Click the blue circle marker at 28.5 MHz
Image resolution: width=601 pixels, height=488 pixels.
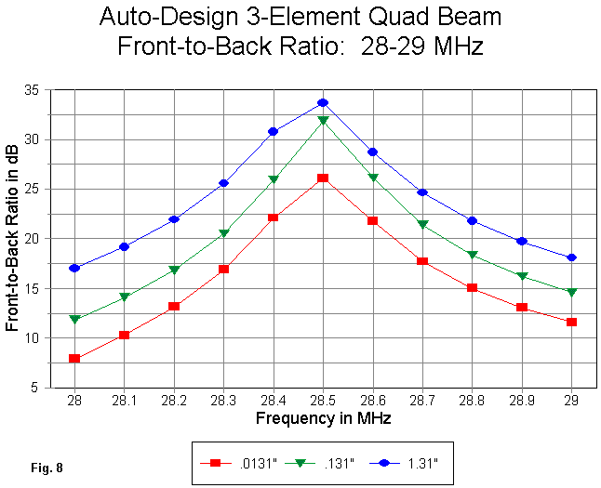[x=323, y=102]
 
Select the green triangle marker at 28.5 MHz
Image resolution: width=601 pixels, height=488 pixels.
[x=323, y=121]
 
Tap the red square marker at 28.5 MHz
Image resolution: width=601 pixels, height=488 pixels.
[x=323, y=178]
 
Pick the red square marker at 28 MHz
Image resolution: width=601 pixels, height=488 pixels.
[x=74, y=358]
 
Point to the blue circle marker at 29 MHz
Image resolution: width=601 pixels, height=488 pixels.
[x=571, y=257]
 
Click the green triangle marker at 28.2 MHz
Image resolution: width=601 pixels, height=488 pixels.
[x=174, y=270]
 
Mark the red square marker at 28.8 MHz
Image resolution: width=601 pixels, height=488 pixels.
[x=472, y=288]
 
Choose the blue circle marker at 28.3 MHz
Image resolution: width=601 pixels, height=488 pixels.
[x=223, y=183]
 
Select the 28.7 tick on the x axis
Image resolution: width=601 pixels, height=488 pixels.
[x=422, y=400]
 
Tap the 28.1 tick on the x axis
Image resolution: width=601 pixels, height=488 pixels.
[x=124, y=400]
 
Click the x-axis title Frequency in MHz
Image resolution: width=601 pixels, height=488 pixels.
[x=323, y=418]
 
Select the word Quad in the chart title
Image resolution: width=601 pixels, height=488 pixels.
[x=388, y=17]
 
